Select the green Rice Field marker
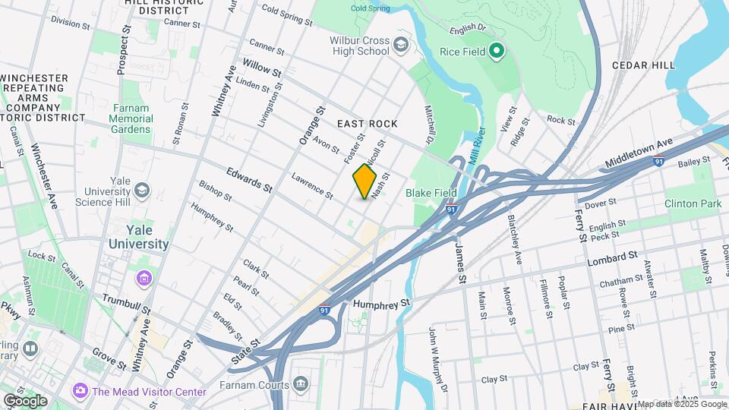click(x=497, y=52)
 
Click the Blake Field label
click(x=430, y=194)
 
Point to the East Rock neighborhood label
click(x=368, y=124)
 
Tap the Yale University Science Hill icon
click(x=142, y=190)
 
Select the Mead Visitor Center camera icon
click(x=80, y=391)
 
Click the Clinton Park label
click(x=692, y=203)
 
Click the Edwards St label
click(x=248, y=180)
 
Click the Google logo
click(x=25, y=400)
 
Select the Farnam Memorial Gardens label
click(x=131, y=119)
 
